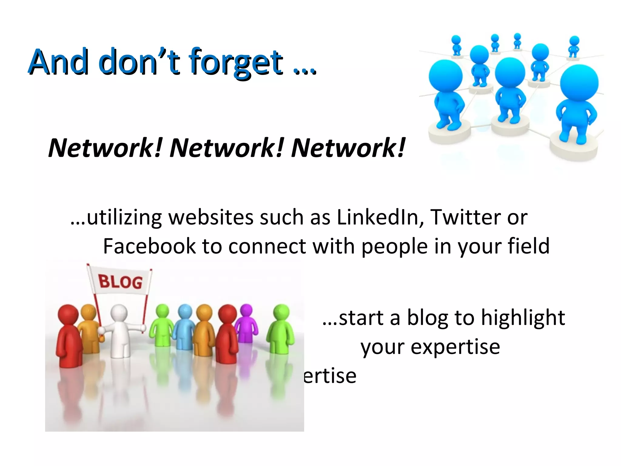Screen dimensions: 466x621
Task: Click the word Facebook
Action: pos(149,246)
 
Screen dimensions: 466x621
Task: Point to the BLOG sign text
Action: pos(120,282)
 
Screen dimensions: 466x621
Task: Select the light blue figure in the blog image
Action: pos(184,328)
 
